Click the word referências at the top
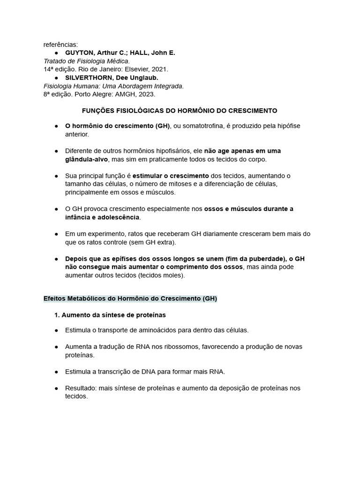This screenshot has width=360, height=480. click(x=60, y=45)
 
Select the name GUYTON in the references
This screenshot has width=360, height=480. click(x=79, y=52)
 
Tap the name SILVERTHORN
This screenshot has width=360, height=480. click(x=88, y=77)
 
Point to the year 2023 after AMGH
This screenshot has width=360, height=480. click(x=146, y=94)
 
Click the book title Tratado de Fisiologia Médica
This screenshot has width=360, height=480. click(x=86, y=61)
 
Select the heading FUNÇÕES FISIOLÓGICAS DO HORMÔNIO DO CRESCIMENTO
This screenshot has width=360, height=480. click(x=180, y=111)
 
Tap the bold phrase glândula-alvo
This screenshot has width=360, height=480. click(x=87, y=159)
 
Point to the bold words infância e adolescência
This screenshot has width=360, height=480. click(x=102, y=217)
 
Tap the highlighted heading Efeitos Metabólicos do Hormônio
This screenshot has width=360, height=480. click(x=130, y=298)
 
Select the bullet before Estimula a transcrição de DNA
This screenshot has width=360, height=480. click(x=57, y=372)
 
